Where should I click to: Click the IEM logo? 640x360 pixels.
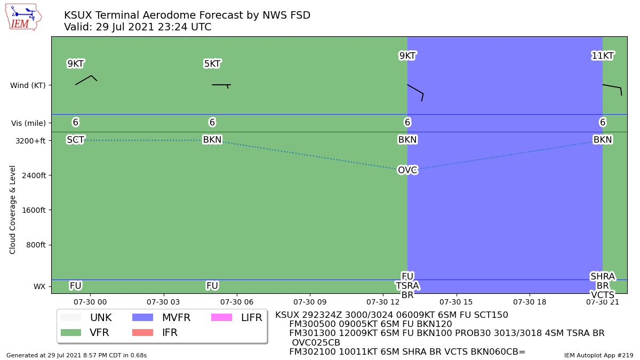(x=23, y=18)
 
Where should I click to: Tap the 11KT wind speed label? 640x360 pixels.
(x=603, y=55)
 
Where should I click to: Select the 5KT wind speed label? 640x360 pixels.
(x=212, y=63)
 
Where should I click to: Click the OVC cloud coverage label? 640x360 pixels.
(x=407, y=170)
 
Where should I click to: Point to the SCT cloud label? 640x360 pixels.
(x=75, y=140)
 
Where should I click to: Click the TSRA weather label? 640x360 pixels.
(x=407, y=285)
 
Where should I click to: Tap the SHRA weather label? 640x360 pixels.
(x=603, y=276)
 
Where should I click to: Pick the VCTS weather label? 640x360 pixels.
(x=603, y=294)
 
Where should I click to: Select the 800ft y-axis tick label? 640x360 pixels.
(x=36, y=245)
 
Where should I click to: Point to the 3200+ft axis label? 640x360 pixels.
(x=30, y=141)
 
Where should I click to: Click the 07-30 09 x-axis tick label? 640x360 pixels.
(x=310, y=302)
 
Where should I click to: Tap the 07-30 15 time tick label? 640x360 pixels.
(x=456, y=302)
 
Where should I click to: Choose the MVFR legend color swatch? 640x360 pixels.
(x=142, y=317)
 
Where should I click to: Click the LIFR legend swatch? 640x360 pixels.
(x=221, y=317)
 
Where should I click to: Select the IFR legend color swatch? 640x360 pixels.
(x=142, y=333)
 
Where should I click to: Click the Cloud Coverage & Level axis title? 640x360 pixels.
(x=12, y=210)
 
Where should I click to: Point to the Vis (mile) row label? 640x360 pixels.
(x=28, y=123)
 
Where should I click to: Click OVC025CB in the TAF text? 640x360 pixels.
(x=316, y=342)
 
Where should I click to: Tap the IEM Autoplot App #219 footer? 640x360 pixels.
(x=598, y=355)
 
